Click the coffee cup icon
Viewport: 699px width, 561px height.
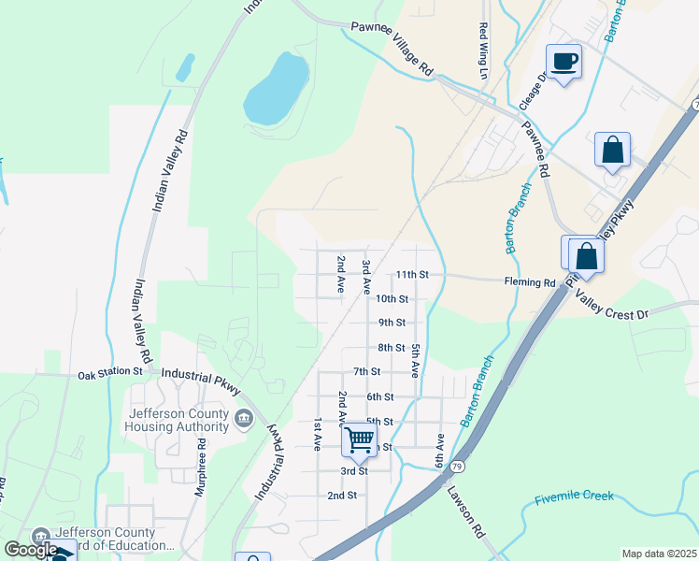click(563, 62)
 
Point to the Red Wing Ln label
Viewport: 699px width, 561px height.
click(483, 50)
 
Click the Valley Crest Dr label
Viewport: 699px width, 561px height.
click(612, 305)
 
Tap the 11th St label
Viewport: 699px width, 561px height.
click(411, 275)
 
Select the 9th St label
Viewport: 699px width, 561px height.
click(392, 323)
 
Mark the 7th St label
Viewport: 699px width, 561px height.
click(366, 372)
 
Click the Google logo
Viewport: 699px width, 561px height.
click(31, 550)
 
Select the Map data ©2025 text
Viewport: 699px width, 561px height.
click(659, 554)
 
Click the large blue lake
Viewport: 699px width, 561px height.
click(277, 88)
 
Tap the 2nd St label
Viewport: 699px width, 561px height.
click(342, 495)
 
